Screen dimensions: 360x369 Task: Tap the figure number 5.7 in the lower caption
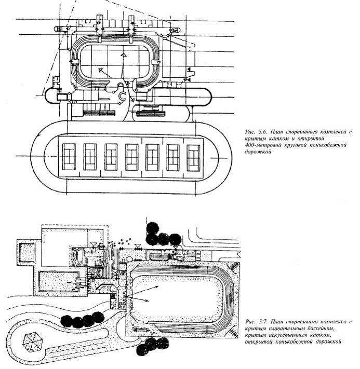[x=262, y=321]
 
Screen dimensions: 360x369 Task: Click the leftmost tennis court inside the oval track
[x=69, y=157]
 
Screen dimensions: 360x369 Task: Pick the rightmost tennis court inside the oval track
[x=193, y=158]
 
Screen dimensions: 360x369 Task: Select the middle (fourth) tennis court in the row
[x=132, y=157]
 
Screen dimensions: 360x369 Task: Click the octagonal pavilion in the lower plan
[x=33, y=343]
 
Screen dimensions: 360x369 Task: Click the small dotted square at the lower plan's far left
[x=27, y=253]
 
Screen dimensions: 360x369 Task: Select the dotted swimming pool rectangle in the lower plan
[x=59, y=281]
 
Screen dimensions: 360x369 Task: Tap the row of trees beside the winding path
[x=83, y=320]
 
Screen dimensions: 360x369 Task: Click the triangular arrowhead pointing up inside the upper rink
[x=123, y=56]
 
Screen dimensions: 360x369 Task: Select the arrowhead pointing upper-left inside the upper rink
[x=101, y=70]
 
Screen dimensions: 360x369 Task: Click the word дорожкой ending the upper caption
[x=258, y=152]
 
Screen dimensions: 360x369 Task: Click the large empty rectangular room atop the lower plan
[x=64, y=248]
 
